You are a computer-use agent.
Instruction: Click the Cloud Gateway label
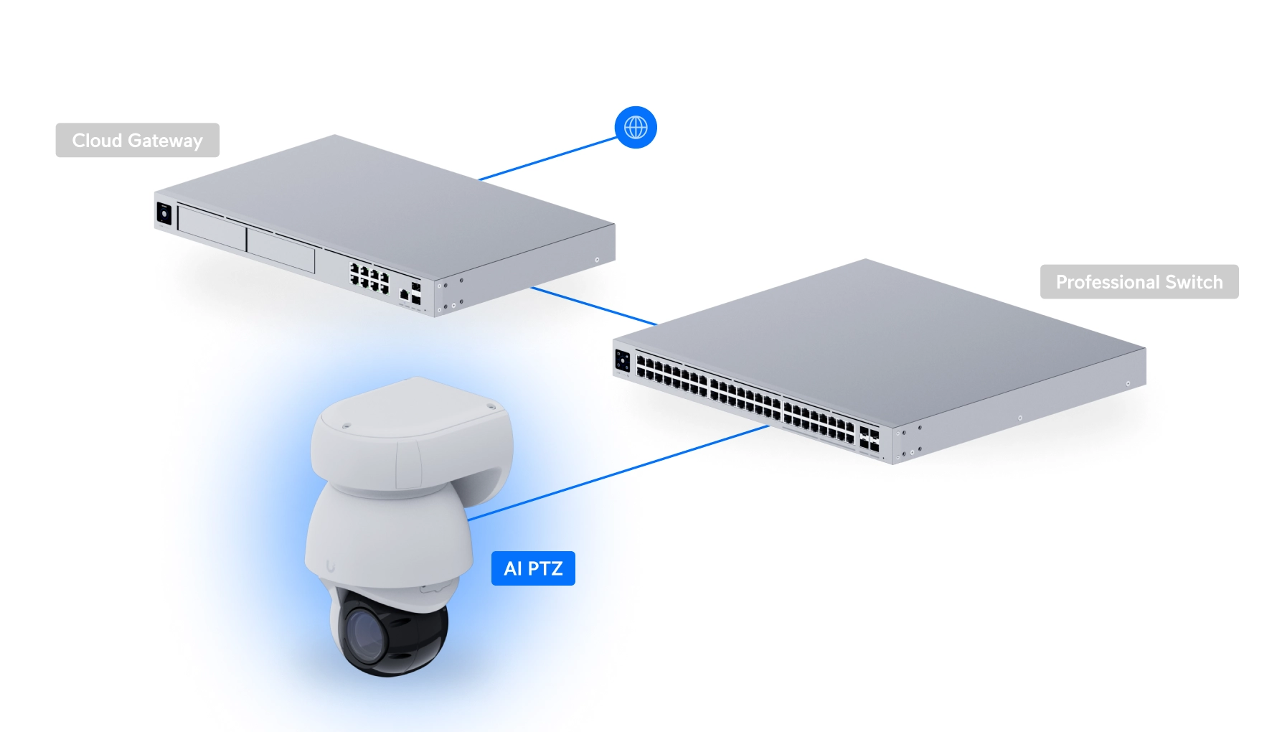[137, 140]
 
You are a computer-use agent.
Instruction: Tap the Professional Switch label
[1139, 282]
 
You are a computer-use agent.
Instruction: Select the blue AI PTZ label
[533, 568]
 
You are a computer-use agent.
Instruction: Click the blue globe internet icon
[636, 128]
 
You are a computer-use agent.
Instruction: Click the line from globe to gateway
[549, 159]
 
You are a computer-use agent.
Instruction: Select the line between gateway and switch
[594, 306]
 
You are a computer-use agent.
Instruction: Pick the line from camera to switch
[617, 473]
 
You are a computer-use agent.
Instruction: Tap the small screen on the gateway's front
[164, 214]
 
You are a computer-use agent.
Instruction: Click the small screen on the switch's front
[622, 361]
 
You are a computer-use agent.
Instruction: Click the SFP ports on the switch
[869, 438]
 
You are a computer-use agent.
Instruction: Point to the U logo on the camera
[331, 566]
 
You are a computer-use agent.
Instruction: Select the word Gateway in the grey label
[165, 141]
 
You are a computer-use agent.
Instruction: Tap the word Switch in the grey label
[1194, 282]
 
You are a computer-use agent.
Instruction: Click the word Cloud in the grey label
[97, 140]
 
